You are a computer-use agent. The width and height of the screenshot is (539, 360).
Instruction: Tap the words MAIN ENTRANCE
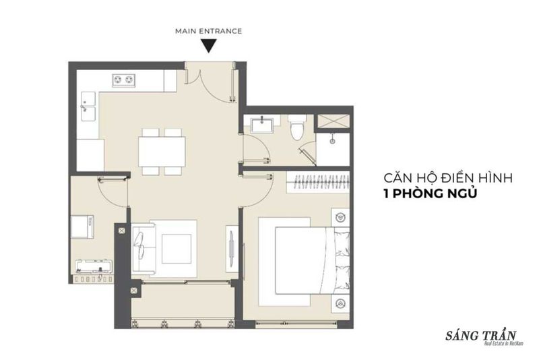(x=209, y=31)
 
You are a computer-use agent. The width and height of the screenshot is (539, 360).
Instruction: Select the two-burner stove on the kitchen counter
(x=123, y=80)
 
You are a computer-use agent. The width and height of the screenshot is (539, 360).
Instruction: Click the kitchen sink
(x=88, y=106)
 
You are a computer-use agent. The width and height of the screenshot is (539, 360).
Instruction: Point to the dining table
(x=162, y=152)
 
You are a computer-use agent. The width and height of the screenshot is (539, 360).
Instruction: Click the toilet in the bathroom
(x=296, y=127)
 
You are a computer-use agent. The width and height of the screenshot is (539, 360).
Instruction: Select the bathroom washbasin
(x=261, y=125)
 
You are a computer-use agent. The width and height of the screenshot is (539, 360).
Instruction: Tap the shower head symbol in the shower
(x=332, y=141)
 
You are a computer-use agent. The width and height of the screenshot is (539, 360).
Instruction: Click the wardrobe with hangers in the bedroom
(x=318, y=181)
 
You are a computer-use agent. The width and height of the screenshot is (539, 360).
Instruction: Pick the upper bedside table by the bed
(x=340, y=217)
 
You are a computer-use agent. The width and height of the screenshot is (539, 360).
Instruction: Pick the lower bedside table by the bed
(x=340, y=303)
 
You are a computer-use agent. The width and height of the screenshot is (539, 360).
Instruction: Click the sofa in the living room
(x=144, y=247)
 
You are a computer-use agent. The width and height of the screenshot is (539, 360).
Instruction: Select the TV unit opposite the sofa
(x=232, y=247)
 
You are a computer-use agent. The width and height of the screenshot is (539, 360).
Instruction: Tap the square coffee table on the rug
(x=177, y=249)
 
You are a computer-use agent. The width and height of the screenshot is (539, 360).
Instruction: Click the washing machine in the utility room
(x=82, y=227)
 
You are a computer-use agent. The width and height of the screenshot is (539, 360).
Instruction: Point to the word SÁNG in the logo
(x=460, y=335)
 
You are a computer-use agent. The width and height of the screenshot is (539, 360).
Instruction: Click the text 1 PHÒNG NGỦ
(x=431, y=193)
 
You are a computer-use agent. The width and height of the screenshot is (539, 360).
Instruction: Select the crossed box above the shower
(x=333, y=121)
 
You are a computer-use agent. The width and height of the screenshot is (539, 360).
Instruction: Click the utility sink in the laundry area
(x=94, y=267)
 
